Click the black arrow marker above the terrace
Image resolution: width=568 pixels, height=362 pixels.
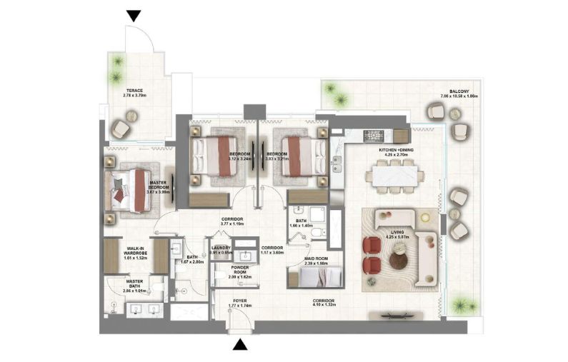coord(134,16)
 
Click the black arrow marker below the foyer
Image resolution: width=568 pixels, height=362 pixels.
coord(241,346)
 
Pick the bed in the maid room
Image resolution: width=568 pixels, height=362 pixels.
coord(307,276)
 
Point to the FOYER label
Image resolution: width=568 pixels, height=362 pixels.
coord(240,303)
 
